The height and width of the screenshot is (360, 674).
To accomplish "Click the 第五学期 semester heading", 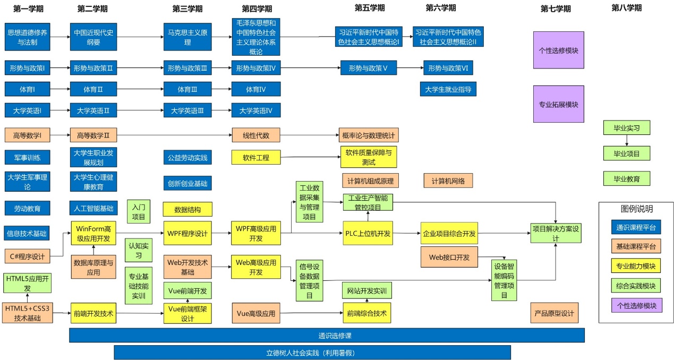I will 370,7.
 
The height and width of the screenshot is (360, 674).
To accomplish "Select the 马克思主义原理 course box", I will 187,37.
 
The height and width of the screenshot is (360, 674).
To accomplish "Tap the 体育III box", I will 187,89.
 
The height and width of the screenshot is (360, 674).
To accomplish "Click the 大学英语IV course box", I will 256,110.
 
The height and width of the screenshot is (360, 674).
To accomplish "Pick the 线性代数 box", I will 256,135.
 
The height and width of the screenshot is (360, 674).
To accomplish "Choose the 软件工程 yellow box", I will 256,157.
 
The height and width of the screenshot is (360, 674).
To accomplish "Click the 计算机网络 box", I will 448,181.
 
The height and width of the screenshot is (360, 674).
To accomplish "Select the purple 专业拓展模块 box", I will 558,104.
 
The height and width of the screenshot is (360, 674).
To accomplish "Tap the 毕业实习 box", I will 627,128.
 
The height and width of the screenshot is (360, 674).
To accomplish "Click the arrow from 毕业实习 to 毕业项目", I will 627,141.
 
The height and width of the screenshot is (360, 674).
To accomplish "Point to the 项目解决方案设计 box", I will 556,233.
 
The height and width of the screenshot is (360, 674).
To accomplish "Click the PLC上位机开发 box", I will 368,233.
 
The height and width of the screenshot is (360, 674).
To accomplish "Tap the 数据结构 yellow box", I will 187,209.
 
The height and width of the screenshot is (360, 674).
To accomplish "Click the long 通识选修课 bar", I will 327,335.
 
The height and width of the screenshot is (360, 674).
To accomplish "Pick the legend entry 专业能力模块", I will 636,266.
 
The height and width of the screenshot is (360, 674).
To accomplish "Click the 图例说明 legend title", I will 637,209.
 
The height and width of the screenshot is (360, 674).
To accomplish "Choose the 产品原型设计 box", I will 554,313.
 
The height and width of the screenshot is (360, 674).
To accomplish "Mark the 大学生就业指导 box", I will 448,89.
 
